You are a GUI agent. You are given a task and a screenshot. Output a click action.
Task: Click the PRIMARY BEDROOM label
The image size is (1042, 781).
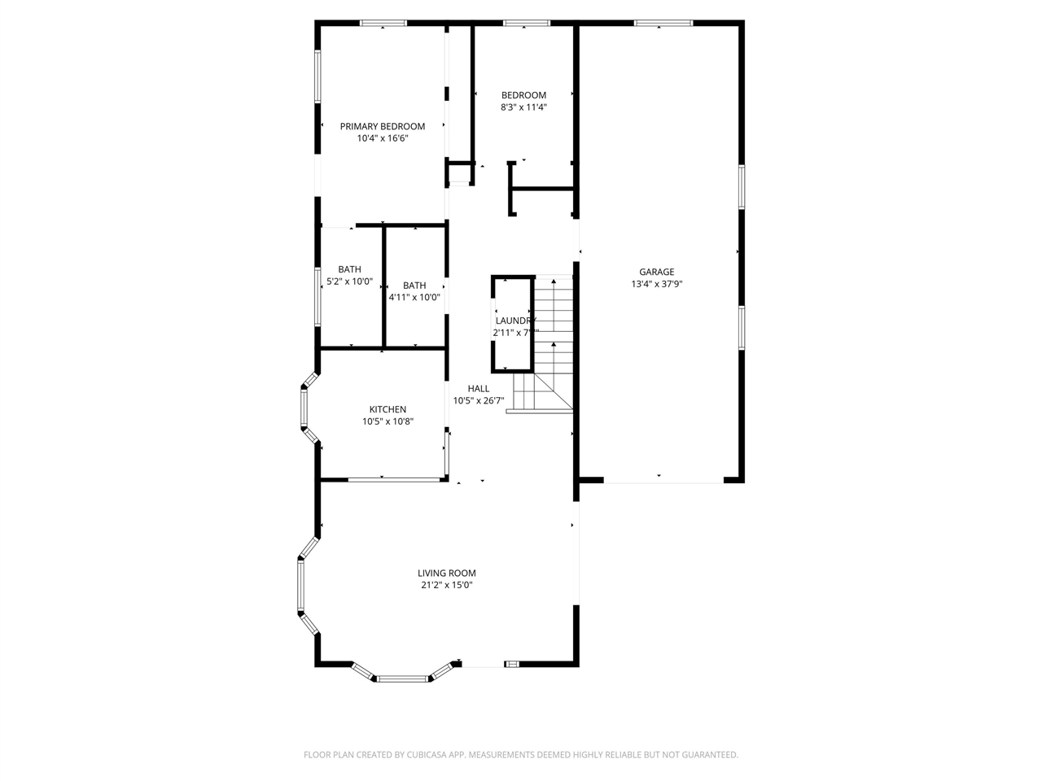382,126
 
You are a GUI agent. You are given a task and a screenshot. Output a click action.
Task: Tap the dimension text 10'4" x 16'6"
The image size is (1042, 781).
382,138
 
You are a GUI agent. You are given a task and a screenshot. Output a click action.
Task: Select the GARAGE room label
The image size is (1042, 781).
656,272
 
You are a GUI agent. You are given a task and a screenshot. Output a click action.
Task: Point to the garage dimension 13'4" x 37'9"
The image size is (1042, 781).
656,284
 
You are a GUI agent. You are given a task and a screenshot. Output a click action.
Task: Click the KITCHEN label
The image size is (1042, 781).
387,409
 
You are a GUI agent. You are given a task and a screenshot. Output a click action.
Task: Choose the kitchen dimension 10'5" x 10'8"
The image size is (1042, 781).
387,421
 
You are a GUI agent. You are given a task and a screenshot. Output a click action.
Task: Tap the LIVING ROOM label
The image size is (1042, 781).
446,573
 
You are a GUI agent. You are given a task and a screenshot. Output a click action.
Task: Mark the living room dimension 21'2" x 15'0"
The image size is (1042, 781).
446,585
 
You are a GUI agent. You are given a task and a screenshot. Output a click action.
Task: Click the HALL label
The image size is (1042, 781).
479,388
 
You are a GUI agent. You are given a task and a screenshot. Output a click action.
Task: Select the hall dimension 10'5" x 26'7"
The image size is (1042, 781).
479,400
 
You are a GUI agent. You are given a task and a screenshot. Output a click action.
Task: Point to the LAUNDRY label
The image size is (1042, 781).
514,321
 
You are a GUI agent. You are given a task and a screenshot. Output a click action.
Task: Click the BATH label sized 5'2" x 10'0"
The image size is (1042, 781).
349,269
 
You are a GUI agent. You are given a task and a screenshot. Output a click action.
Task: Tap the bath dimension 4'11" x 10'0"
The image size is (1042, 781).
414,298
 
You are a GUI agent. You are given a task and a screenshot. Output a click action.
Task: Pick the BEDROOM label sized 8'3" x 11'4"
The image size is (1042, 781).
523,95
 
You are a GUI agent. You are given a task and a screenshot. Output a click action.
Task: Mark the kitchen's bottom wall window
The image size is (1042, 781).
383,480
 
